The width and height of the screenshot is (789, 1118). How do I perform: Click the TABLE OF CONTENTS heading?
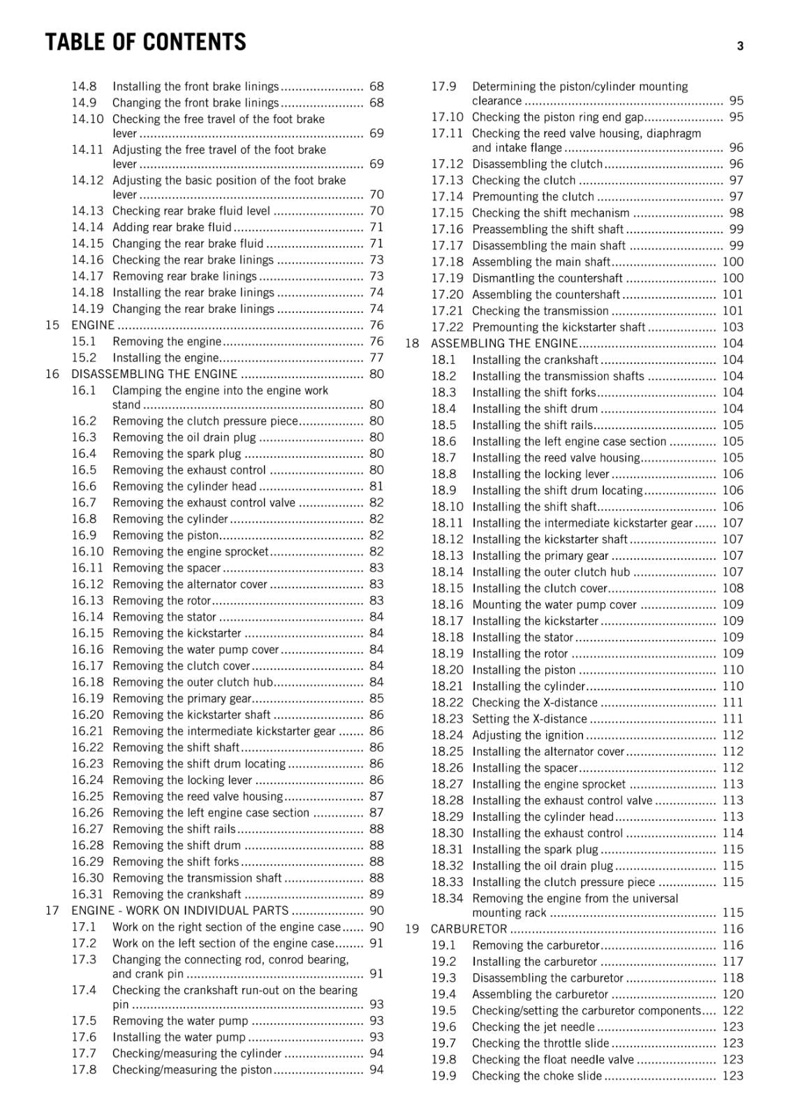pos(145,43)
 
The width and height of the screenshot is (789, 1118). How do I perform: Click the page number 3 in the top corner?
pos(740,46)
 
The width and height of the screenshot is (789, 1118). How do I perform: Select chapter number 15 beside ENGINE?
pos(52,325)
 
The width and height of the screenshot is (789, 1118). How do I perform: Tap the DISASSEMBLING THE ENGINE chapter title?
pos(154,374)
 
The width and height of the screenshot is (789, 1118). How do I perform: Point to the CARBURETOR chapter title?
pos(469,929)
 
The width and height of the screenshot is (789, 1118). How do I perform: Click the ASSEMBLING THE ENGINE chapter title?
pos(504,343)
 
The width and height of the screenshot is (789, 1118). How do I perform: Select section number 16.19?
pos(87,698)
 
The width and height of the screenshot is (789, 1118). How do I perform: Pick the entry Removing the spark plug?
pos(177,453)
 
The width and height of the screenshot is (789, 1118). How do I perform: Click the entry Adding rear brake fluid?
pos(172,227)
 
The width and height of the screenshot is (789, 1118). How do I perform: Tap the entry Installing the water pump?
pos(179,1037)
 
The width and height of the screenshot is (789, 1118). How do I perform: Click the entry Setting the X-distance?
pos(529,718)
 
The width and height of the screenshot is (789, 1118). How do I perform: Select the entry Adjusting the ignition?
pos(528,735)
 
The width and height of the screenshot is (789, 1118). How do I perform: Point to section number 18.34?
pos(447,899)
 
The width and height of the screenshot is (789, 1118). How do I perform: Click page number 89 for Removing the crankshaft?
pos(376,894)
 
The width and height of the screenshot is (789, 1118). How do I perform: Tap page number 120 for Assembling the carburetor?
pos(732,994)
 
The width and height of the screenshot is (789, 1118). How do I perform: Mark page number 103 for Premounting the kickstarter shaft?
pos(732,327)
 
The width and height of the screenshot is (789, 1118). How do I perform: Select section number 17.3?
pos(84,959)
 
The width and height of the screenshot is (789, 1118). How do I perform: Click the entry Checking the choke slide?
pos(537,1076)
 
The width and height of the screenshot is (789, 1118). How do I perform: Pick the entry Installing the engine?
pos(165,358)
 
